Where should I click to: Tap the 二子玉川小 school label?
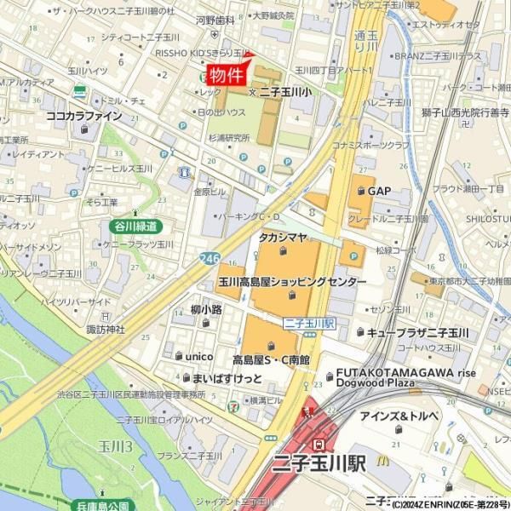(285, 92)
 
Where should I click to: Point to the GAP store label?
(379, 191)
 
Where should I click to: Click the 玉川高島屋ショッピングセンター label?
(292, 282)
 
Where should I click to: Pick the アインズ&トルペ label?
(398, 415)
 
